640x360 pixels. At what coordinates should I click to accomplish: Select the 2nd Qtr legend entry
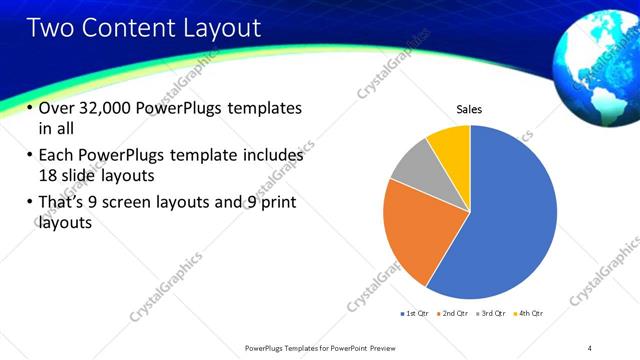coord(455,314)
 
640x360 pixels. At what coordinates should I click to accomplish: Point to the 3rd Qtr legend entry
coord(491,314)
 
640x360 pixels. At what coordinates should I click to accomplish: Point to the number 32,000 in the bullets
coord(107,108)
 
